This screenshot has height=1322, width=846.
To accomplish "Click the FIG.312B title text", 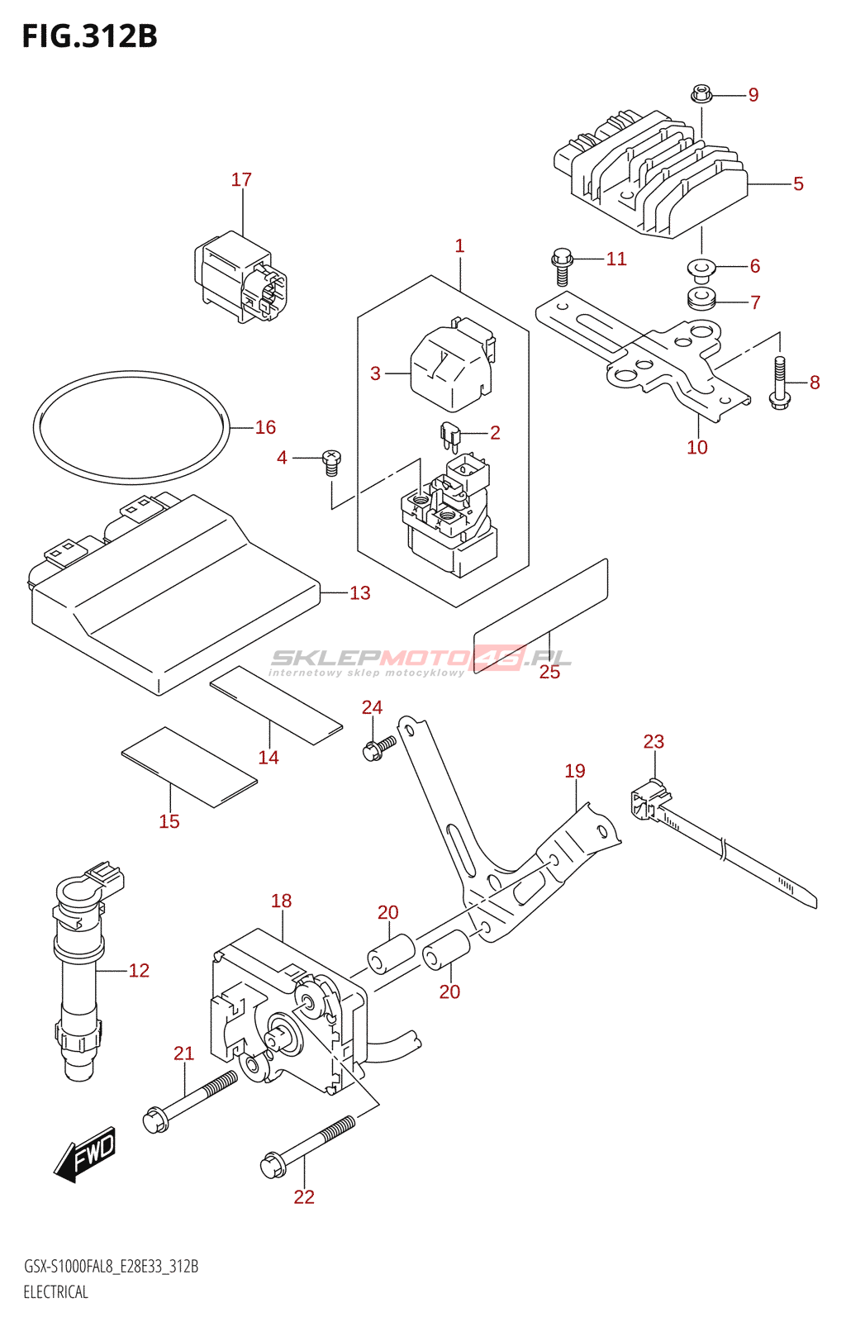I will (89, 37).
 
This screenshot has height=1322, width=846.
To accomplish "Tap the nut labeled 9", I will (701, 94).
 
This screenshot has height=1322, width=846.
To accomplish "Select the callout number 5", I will (798, 183).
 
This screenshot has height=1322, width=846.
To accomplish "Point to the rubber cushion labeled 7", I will (701, 299).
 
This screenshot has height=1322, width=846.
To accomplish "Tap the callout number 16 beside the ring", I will (265, 427).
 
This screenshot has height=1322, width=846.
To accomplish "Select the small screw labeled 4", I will (331, 462).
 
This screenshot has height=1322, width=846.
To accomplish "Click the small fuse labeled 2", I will (450, 435).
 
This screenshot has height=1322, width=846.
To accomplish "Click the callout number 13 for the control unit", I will (359, 592).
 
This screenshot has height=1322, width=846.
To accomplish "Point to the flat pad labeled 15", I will (189, 767).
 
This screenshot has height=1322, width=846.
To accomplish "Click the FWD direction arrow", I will (87, 1153).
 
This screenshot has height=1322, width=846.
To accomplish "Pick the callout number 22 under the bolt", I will (304, 1196).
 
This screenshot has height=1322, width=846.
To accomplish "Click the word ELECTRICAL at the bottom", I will (55, 1292).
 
